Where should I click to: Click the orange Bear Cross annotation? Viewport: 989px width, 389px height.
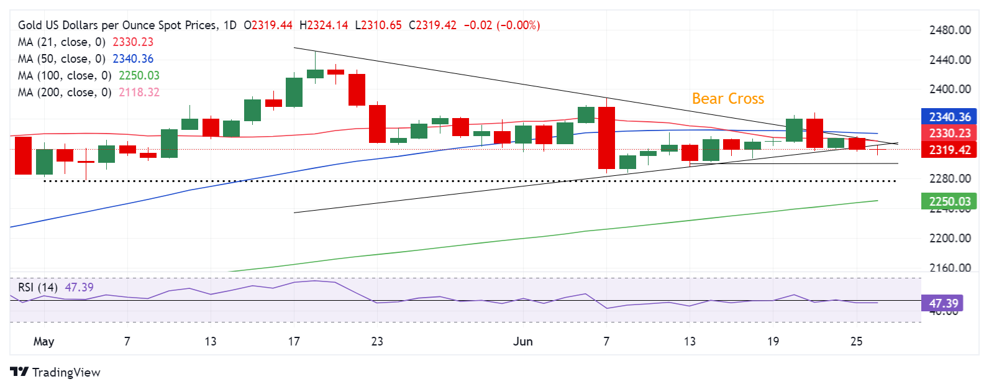(x=727, y=99)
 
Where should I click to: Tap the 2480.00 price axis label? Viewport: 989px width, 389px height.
(x=949, y=30)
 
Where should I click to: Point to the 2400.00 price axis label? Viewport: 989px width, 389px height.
(x=949, y=89)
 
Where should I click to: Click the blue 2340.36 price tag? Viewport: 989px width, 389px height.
(x=949, y=117)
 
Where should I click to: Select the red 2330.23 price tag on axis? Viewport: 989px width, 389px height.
(x=949, y=133)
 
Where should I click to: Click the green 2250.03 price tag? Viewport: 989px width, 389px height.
(x=949, y=201)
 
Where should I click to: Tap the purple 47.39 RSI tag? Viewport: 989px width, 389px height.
(x=943, y=303)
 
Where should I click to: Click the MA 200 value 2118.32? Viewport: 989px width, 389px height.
(x=136, y=93)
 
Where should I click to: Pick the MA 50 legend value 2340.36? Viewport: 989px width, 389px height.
(x=133, y=59)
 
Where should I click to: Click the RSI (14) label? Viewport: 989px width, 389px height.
(x=38, y=287)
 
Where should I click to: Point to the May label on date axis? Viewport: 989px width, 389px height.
(x=43, y=341)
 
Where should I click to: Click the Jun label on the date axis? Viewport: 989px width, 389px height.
(x=523, y=341)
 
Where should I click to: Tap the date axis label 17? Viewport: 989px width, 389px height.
(x=294, y=341)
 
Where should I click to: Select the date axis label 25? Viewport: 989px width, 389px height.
(x=856, y=341)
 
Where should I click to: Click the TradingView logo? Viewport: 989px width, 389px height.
(x=55, y=372)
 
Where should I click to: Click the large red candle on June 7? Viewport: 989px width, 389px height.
(x=606, y=138)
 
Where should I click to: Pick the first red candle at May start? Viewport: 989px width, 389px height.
(x=23, y=155)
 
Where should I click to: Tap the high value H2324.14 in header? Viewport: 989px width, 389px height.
(x=324, y=25)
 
